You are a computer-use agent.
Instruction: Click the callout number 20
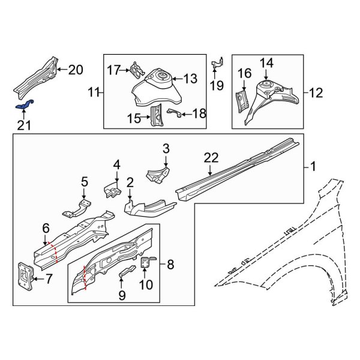point(75,70)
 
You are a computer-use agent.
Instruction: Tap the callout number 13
point(189,78)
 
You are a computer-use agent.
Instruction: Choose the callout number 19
point(217,85)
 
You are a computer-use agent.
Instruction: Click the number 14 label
point(266,62)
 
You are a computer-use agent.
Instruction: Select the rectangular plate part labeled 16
point(242,99)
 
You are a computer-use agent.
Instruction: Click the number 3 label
point(166,148)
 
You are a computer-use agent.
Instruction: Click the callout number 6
point(46,227)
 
